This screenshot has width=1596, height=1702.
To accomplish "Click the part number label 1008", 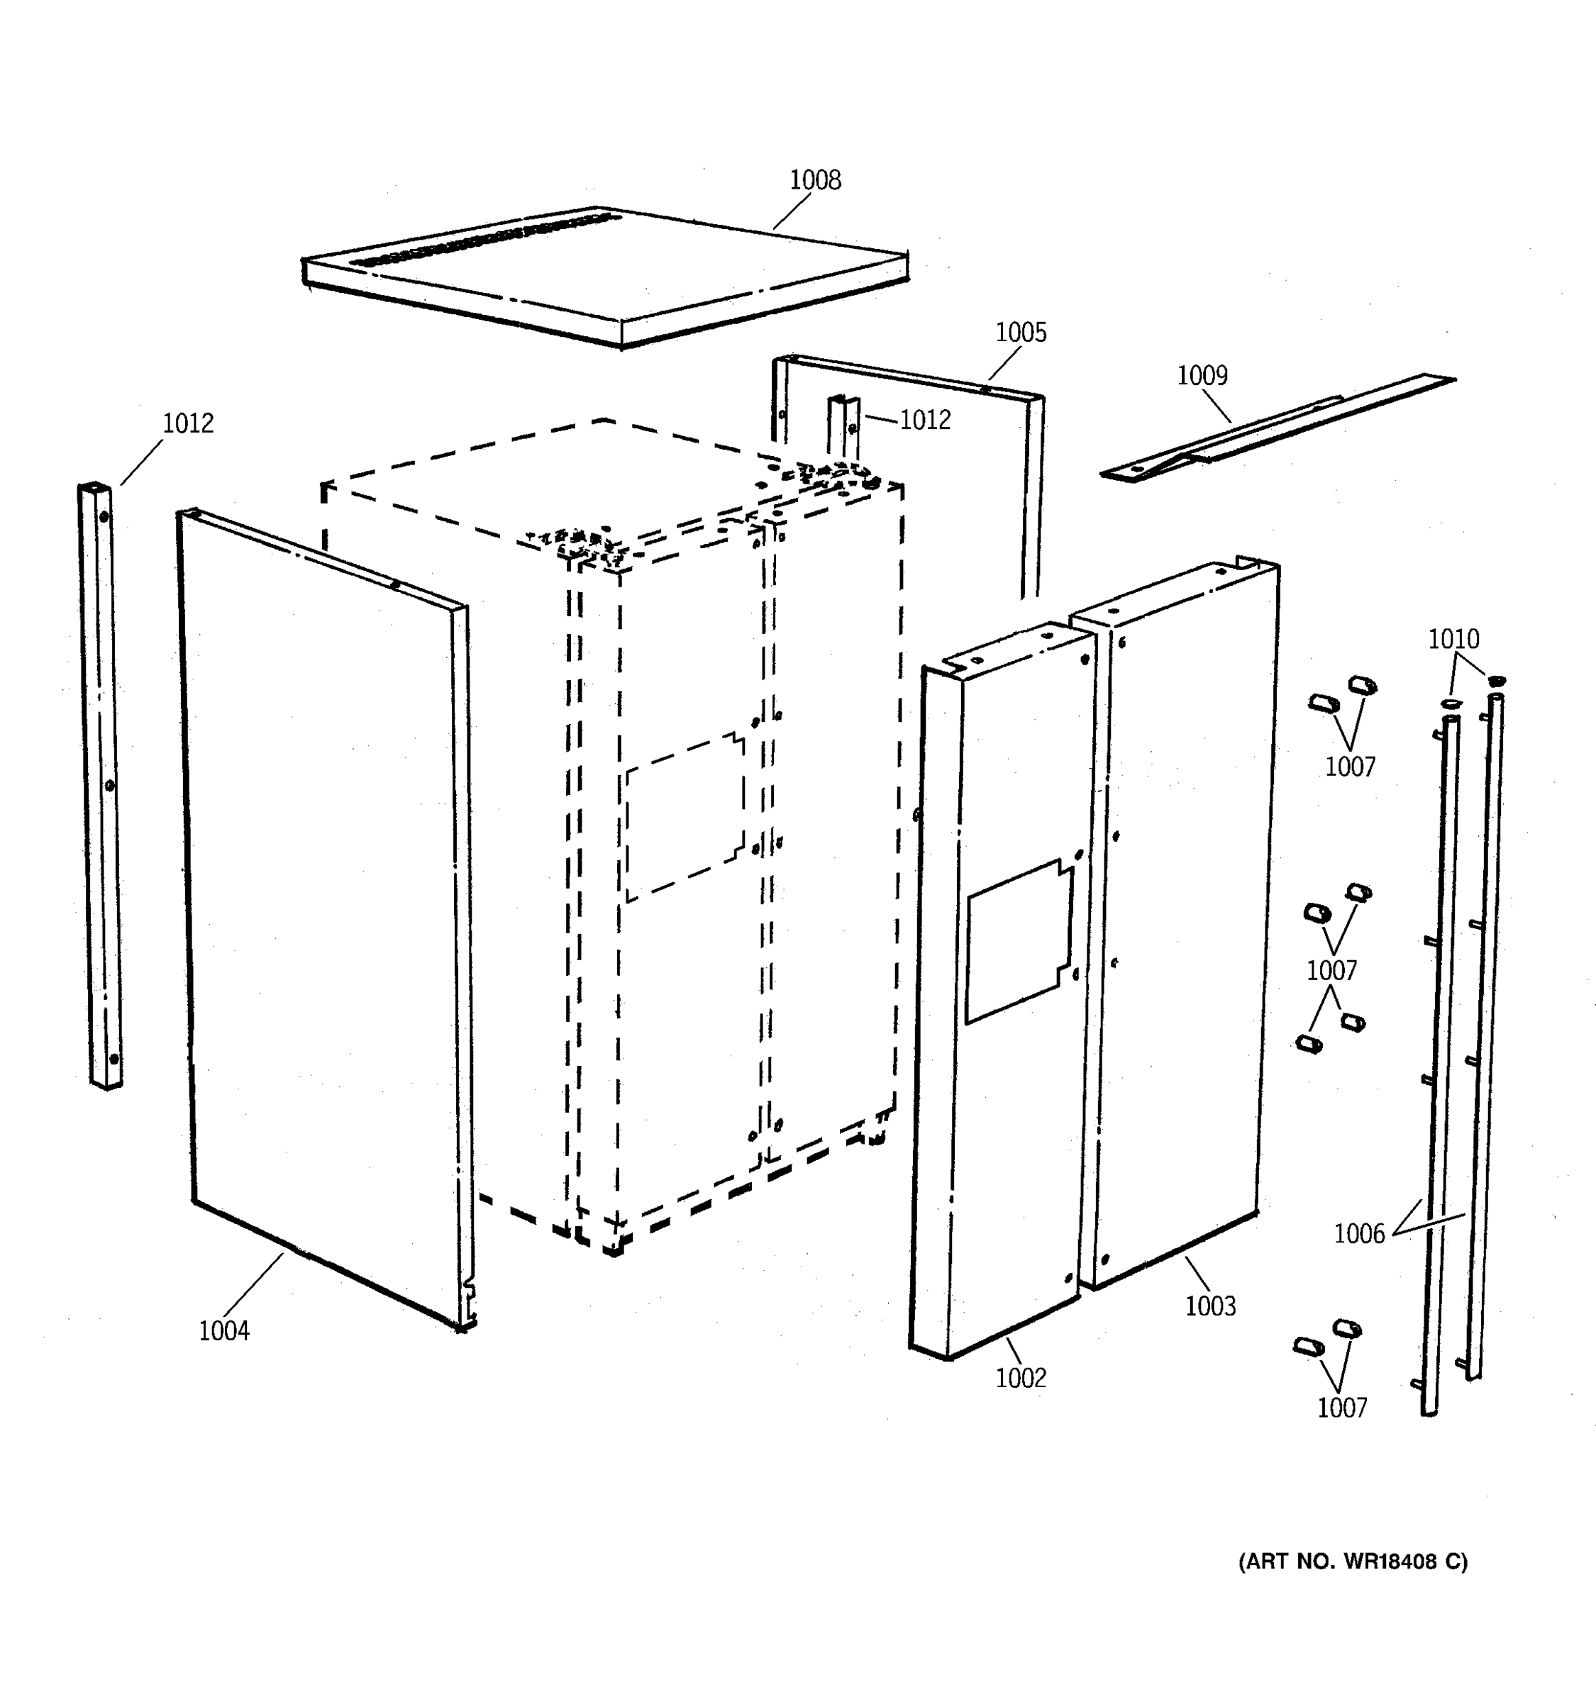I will (814, 180).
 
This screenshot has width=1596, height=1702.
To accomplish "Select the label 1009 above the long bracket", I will (1202, 375).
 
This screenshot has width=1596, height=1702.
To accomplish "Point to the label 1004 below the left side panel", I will (223, 1330).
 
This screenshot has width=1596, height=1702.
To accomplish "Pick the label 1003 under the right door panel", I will (1210, 1306).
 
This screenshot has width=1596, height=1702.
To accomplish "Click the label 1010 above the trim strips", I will (1453, 639).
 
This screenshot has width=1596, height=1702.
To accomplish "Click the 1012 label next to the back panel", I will (925, 420).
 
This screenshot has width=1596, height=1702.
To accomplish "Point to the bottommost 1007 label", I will (1341, 1408).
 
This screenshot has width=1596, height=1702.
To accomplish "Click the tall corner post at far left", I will (100, 785).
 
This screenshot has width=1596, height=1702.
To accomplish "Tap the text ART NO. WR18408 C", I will (1353, 1562).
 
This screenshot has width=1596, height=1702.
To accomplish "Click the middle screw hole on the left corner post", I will (109, 784).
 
